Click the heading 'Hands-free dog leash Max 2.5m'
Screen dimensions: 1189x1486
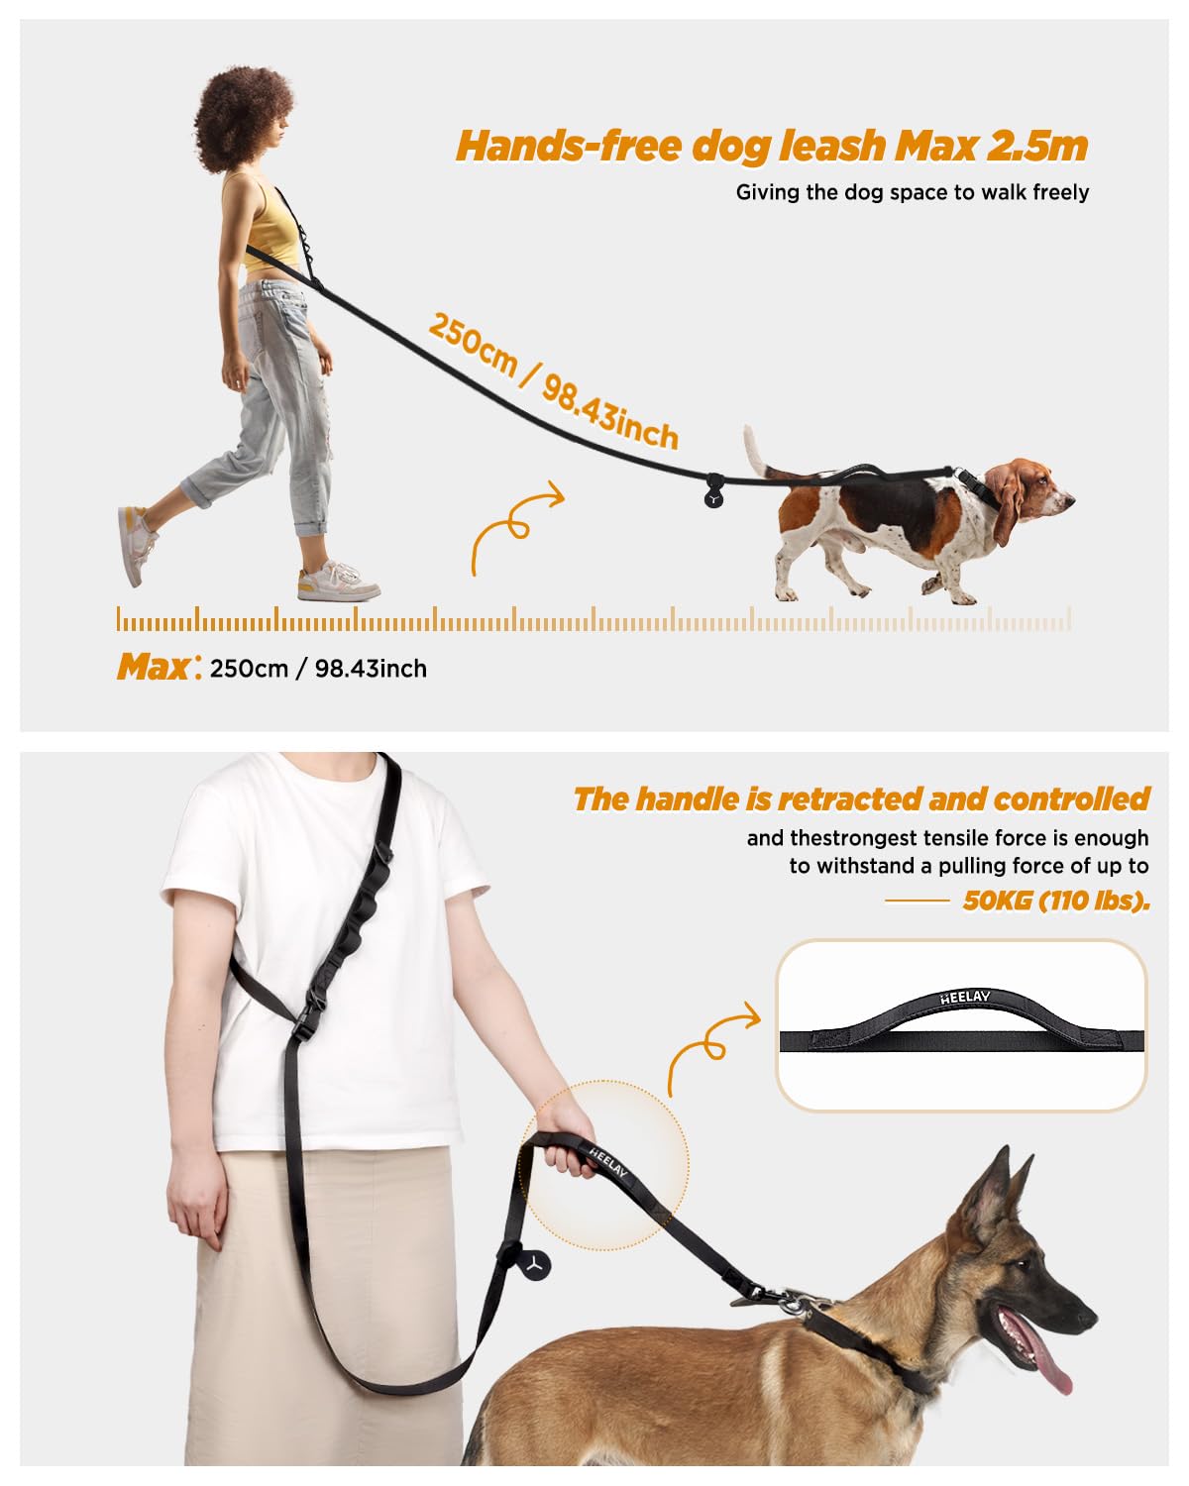[x=772, y=147]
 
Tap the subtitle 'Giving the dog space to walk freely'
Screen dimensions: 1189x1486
[x=912, y=192]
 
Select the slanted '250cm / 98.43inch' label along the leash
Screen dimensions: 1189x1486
[x=553, y=381]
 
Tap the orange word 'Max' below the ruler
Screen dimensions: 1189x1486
[x=154, y=667]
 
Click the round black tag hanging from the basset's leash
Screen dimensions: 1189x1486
[x=713, y=495]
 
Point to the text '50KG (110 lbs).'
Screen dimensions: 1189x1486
[x=1056, y=901]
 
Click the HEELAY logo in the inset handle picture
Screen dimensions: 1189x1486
[x=965, y=998]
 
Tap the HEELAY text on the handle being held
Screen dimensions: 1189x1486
[x=608, y=1161]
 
